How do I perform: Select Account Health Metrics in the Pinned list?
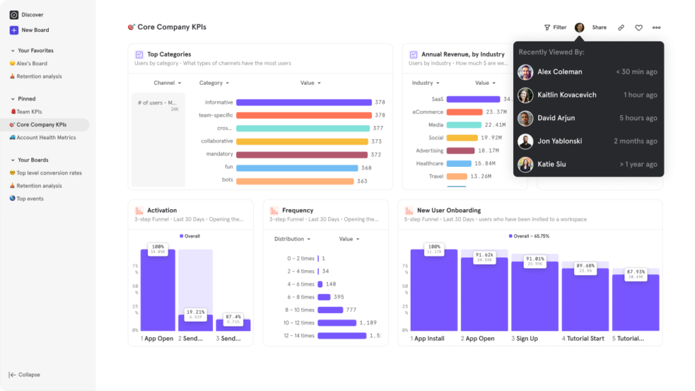[46, 138]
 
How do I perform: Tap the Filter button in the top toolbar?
[555, 28]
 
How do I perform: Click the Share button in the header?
[599, 28]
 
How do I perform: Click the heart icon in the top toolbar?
[639, 28]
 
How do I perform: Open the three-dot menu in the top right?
[656, 28]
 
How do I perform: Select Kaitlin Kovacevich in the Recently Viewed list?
[567, 95]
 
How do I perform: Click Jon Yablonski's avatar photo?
[525, 141]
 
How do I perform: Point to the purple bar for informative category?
[303, 103]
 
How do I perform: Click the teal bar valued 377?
[303, 128]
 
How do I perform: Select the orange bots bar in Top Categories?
[295, 181]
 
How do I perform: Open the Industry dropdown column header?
[425, 83]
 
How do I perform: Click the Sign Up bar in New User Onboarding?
[534, 296]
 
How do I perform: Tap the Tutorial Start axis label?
[584, 338]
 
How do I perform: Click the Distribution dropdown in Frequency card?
[293, 239]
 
